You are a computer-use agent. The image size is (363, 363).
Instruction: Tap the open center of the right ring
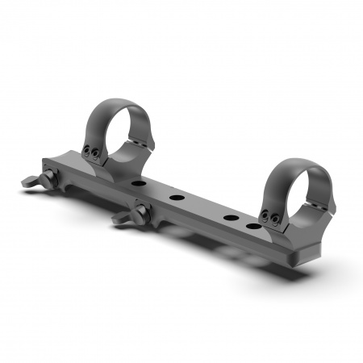tap(296, 192)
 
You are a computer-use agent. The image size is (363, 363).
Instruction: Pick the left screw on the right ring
tap(265, 214)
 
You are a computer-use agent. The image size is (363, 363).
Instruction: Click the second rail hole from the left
tap(174, 197)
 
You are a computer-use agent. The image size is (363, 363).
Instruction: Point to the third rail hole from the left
tap(230, 219)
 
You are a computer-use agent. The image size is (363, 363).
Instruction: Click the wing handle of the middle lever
tap(123, 219)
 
